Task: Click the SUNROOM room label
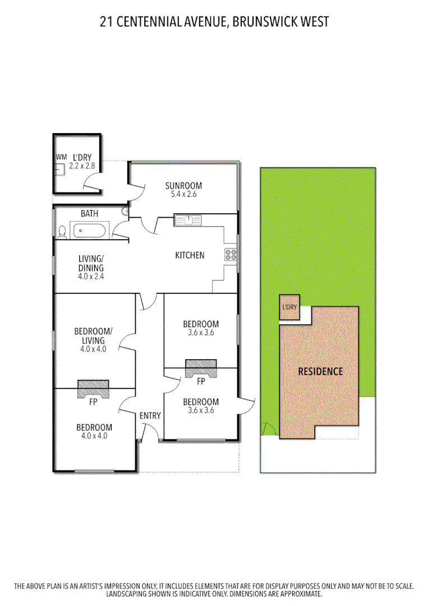pos(183,186)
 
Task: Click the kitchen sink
pos(191,219)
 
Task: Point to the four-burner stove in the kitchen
pos(231,255)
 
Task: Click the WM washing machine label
pos(61,157)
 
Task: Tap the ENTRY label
pos(150,416)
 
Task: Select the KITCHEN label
pos(190,255)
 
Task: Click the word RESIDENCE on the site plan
pos(320,371)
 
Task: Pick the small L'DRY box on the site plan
pos(289,307)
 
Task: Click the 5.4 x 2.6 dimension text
pos(183,195)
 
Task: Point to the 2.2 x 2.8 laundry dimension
pos(81,166)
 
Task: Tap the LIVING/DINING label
pos(90,264)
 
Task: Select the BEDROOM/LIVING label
pos(93,336)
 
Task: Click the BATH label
pos(89,214)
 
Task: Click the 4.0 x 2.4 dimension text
pos(90,276)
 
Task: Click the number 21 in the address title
pos(105,22)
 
